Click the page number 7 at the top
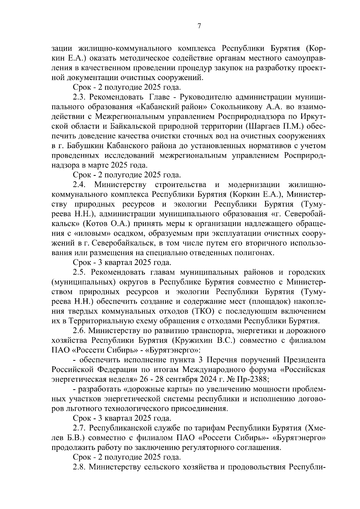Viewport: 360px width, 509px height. (199, 26)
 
